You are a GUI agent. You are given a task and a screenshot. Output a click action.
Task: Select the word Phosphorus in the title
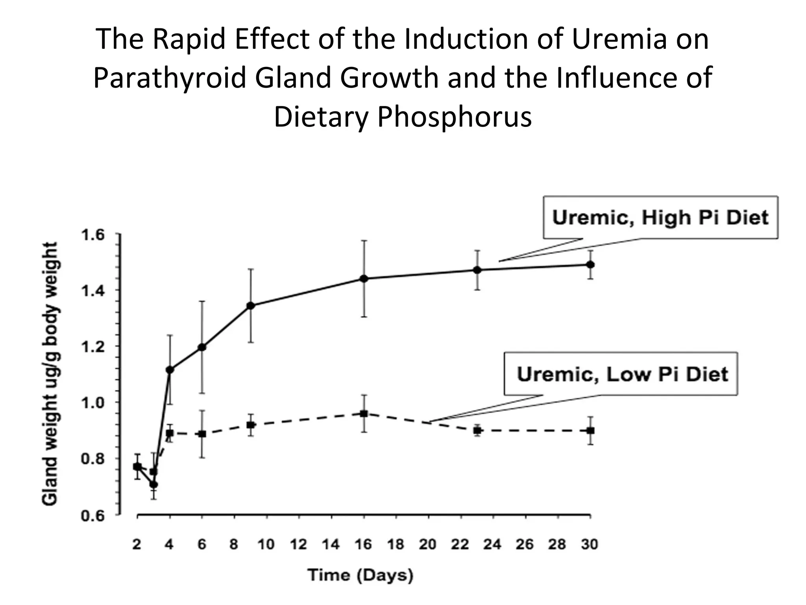pos(455,117)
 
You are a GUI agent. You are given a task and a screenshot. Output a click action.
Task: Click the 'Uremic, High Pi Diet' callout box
pos(660,217)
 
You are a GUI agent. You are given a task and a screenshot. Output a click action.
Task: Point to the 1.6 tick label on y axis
pos(93,236)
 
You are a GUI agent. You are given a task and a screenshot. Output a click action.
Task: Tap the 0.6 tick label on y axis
pos(93,516)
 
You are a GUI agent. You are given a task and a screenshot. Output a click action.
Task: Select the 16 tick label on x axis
pos(363,544)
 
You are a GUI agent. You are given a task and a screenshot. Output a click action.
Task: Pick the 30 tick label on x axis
pos(590,544)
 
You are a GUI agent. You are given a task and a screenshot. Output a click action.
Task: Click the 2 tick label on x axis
pos(137,544)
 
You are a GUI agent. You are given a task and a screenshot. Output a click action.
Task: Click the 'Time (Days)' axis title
pos(360,575)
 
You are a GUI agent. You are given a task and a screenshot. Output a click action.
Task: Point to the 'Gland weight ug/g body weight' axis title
pos(50,373)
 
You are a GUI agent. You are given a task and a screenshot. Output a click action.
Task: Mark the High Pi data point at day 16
pos(364,279)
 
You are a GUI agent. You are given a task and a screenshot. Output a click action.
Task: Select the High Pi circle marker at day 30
pos(590,264)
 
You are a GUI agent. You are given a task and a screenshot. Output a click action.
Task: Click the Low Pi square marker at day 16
pos(364,414)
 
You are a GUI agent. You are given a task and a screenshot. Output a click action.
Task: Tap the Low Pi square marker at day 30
pos(590,431)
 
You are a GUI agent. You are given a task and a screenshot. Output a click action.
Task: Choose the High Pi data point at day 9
pos(251,305)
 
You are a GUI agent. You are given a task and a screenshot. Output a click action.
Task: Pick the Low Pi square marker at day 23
pos(477,431)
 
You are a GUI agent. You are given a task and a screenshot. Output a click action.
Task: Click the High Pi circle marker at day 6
pos(202,347)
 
